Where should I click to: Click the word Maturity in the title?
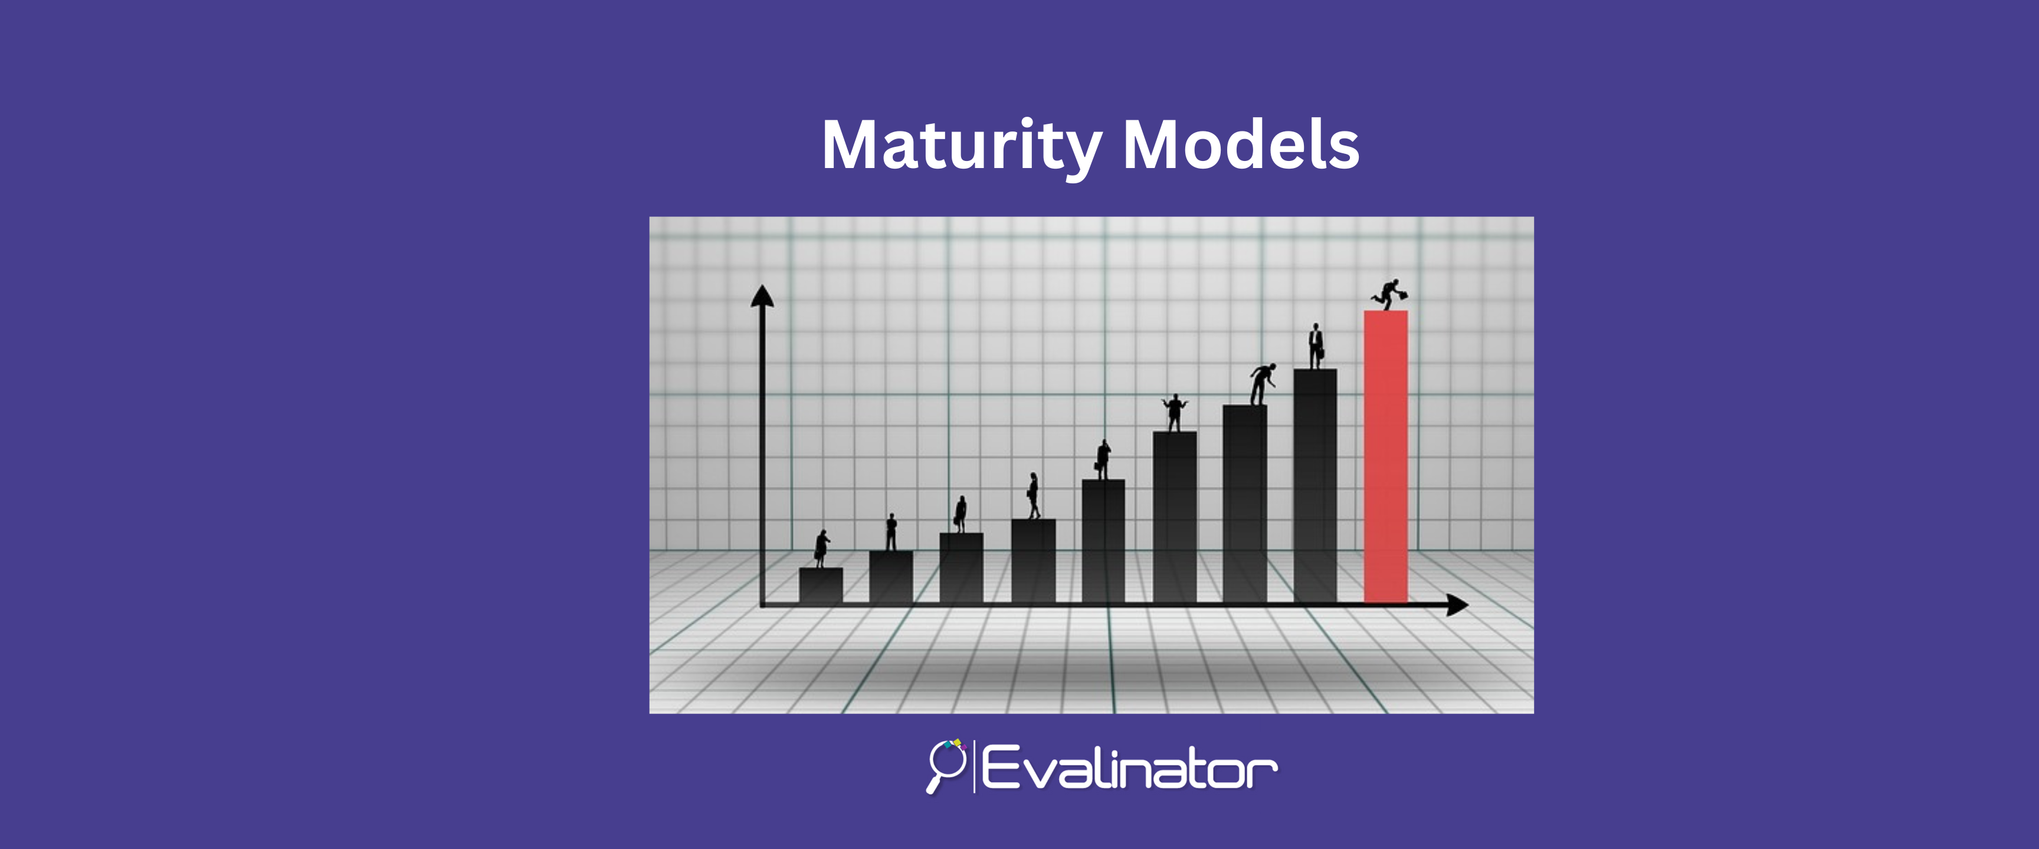(962, 146)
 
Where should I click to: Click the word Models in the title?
(1241, 145)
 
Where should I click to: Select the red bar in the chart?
(1385, 456)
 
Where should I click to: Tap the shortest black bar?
(821, 585)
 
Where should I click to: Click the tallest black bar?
(1314, 486)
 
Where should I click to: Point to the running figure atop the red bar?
(1390, 294)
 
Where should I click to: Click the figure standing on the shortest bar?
(822, 548)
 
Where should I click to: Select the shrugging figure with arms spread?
(1175, 412)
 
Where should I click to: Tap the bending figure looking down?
(1262, 384)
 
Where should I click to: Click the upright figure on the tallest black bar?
(1316, 345)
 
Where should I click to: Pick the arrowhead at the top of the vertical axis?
(762, 296)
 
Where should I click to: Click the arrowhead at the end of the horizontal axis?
(1457, 606)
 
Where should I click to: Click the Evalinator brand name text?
(1129, 766)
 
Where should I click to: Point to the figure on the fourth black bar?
(1033, 495)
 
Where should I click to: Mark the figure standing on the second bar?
(891, 532)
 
